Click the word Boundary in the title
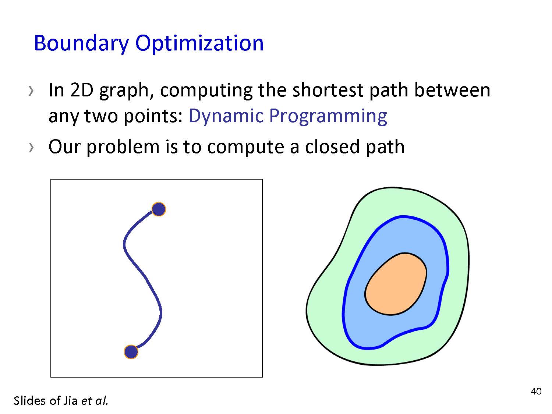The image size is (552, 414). click(x=81, y=44)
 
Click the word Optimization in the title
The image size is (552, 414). click(x=199, y=44)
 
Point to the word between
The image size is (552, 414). click(x=452, y=90)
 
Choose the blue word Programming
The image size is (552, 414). click(x=328, y=117)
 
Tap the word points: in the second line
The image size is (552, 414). click(x=153, y=117)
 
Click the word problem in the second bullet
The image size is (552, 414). click(x=123, y=147)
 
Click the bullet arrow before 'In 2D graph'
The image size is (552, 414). click(x=31, y=91)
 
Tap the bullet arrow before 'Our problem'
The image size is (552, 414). click(x=31, y=148)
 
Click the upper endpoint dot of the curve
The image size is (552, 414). click(x=159, y=209)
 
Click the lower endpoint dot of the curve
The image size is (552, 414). click(x=131, y=352)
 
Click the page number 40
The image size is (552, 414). click(x=536, y=392)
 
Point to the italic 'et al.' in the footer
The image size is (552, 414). click(x=95, y=401)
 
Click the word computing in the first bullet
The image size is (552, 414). click(x=206, y=91)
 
